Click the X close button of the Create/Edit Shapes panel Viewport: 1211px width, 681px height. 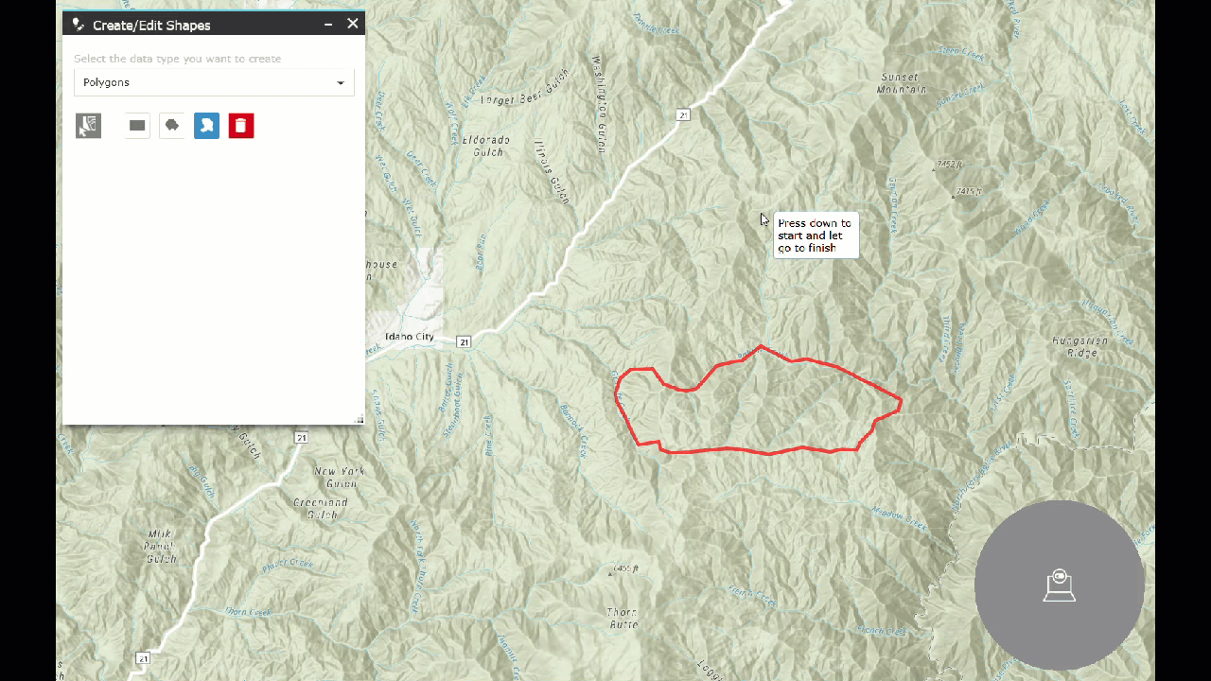[353, 24]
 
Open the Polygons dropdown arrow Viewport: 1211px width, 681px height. [341, 83]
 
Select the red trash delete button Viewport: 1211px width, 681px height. [241, 126]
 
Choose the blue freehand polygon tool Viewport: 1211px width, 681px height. [206, 126]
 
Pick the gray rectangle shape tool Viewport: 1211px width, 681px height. [137, 126]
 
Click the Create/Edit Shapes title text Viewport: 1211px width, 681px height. [151, 26]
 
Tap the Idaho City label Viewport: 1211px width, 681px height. [410, 337]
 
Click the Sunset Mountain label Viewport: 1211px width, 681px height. [902, 83]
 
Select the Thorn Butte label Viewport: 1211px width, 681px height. [622, 618]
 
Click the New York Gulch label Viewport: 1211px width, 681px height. [340, 477]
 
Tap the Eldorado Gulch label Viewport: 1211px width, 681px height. [486, 146]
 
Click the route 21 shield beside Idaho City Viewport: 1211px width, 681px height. [464, 341]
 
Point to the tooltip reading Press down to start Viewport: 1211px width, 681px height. [815, 236]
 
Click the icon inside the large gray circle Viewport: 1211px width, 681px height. [1060, 585]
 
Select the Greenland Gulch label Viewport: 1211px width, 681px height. [321, 508]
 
